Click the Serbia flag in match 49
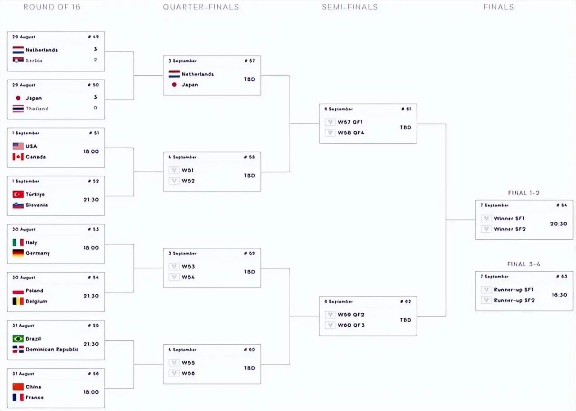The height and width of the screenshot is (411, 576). click(x=18, y=60)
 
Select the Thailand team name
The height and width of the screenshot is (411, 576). click(x=37, y=109)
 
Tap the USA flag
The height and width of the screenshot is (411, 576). click(x=18, y=146)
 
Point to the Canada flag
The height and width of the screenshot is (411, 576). click(x=18, y=157)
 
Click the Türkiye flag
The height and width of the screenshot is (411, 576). click(x=18, y=194)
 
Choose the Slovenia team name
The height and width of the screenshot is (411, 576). click(x=36, y=205)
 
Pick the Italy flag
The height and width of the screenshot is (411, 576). click(x=18, y=242)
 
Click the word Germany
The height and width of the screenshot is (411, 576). click(x=37, y=253)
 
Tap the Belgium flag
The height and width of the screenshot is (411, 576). click(x=18, y=301)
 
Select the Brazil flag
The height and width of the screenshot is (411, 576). click(x=18, y=338)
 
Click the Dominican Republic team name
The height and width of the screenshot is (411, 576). click(x=52, y=349)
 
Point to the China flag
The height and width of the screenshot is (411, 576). click(x=18, y=387)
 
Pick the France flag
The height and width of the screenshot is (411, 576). click(x=18, y=397)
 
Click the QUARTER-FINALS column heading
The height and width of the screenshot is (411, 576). click(x=201, y=7)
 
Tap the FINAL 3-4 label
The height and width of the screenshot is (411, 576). click(x=523, y=264)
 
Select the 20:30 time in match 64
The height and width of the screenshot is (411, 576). click(x=558, y=224)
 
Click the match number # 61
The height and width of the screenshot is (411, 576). click(x=406, y=109)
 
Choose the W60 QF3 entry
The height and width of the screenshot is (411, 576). click(x=351, y=325)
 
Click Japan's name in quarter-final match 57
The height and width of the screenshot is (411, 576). click(x=190, y=85)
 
